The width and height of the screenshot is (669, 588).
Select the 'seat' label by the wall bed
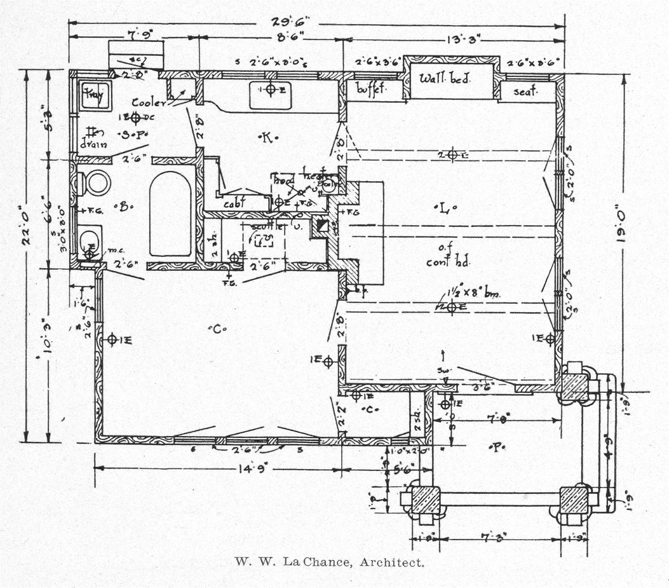click(x=525, y=92)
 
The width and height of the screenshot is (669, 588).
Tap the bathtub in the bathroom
click(x=170, y=215)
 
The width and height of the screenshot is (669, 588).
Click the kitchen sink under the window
click(x=270, y=94)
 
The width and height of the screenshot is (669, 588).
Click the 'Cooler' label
click(x=149, y=102)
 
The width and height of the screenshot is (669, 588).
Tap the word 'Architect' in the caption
click(x=391, y=562)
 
